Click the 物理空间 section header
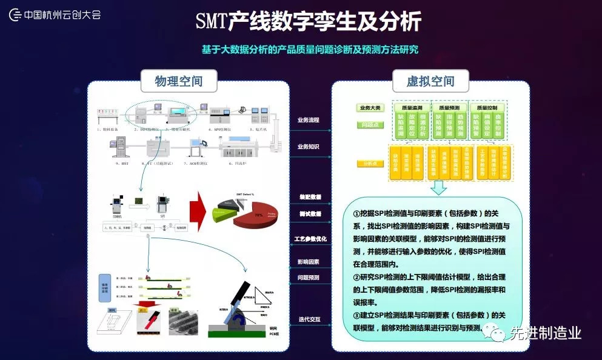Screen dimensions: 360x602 178,81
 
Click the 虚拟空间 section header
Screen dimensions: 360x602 430,81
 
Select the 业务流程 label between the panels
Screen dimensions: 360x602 308,120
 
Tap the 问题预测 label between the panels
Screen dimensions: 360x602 309,278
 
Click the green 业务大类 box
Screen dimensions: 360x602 369,108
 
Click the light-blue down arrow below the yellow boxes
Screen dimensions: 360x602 438,189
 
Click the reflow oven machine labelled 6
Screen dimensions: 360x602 243,148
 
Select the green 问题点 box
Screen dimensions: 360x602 369,125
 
